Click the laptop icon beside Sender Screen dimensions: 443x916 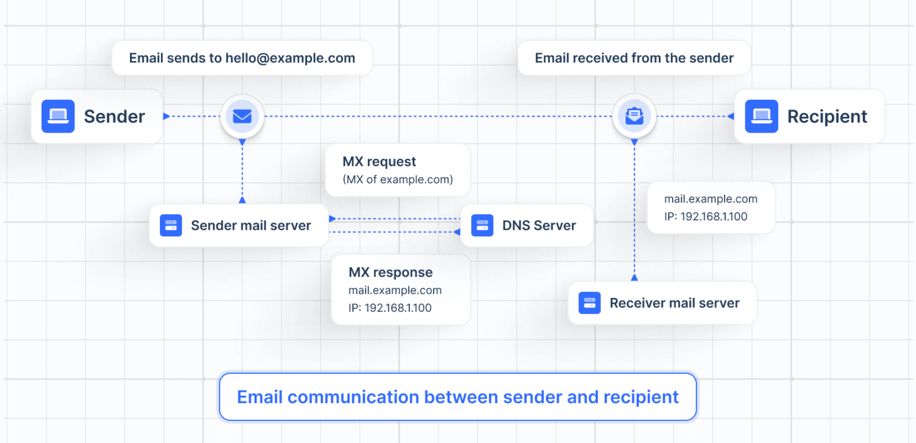coord(58,116)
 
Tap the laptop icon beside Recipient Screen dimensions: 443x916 coord(762,116)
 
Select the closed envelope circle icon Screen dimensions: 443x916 coord(242,116)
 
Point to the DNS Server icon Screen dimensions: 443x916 coord(482,226)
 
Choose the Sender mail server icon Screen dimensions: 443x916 coord(171,226)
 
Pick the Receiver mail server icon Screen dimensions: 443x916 coord(589,303)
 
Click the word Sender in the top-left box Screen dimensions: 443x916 coord(114,116)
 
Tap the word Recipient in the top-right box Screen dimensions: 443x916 coord(827,116)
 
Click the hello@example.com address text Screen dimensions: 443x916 coord(290,59)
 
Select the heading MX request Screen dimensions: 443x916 coord(379,162)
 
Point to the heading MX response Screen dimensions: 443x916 coord(391,272)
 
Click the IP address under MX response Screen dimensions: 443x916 coord(390,308)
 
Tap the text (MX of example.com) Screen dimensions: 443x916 coord(397,179)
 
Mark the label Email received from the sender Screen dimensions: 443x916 coord(634,59)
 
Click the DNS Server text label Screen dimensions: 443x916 coord(539,226)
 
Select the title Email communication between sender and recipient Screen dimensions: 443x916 coord(457,397)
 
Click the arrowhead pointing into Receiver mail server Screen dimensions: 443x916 coord(634,277)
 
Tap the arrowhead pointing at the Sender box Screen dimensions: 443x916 coord(166,116)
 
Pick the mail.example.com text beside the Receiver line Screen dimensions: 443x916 coord(711,199)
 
